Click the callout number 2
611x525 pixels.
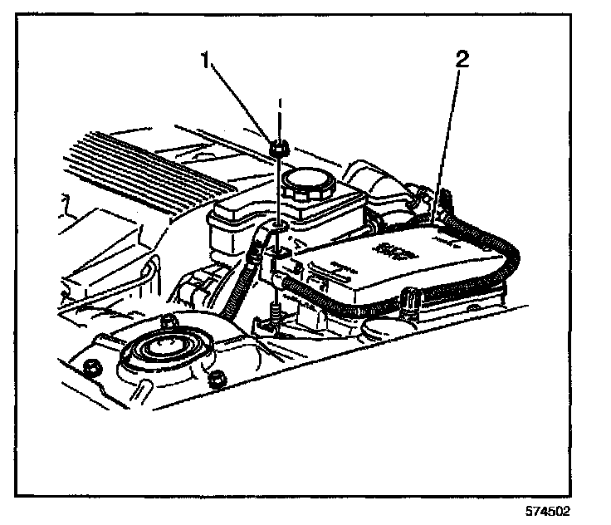[x=462, y=59]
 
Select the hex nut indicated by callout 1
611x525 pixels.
[x=279, y=150]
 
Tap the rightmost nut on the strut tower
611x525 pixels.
[x=218, y=380]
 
